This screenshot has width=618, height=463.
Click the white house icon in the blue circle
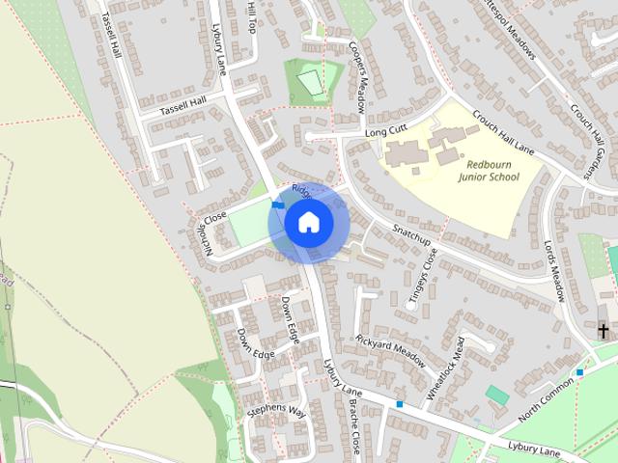pyautogui.click(x=308, y=223)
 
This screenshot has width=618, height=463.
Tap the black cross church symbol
pyautogui.click(x=604, y=331)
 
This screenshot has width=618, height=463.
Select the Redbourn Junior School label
pyautogui.click(x=488, y=170)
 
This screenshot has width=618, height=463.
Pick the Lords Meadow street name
pyautogui.click(x=554, y=271)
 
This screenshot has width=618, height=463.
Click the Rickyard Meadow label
pyautogui.click(x=390, y=351)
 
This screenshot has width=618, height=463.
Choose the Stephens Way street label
pyautogui.click(x=276, y=412)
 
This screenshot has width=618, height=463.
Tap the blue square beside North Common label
pyautogui.click(x=580, y=372)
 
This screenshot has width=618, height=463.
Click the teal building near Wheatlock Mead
pyautogui.click(x=497, y=395)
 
